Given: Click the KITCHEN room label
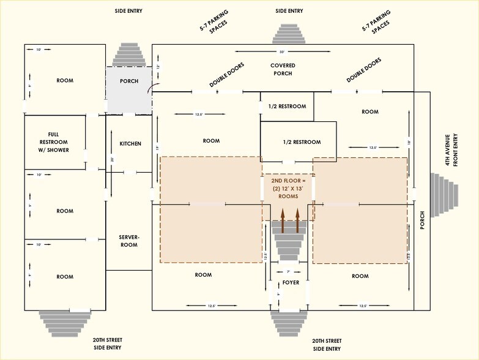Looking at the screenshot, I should (130, 144).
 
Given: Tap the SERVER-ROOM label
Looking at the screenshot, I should (129, 241).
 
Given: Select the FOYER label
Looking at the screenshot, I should (291, 283).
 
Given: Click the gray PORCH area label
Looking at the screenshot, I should (128, 81).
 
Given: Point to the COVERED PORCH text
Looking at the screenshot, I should (283, 69).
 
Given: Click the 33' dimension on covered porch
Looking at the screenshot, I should (283, 51).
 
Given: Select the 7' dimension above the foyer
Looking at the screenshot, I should (288, 271).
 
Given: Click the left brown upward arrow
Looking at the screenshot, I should (283, 221).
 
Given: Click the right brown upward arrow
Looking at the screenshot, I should (298, 221).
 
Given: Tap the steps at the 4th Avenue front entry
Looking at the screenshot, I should (444, 195).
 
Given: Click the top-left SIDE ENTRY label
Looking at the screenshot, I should (128, 11).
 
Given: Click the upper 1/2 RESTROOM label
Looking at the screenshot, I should (287, 107).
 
